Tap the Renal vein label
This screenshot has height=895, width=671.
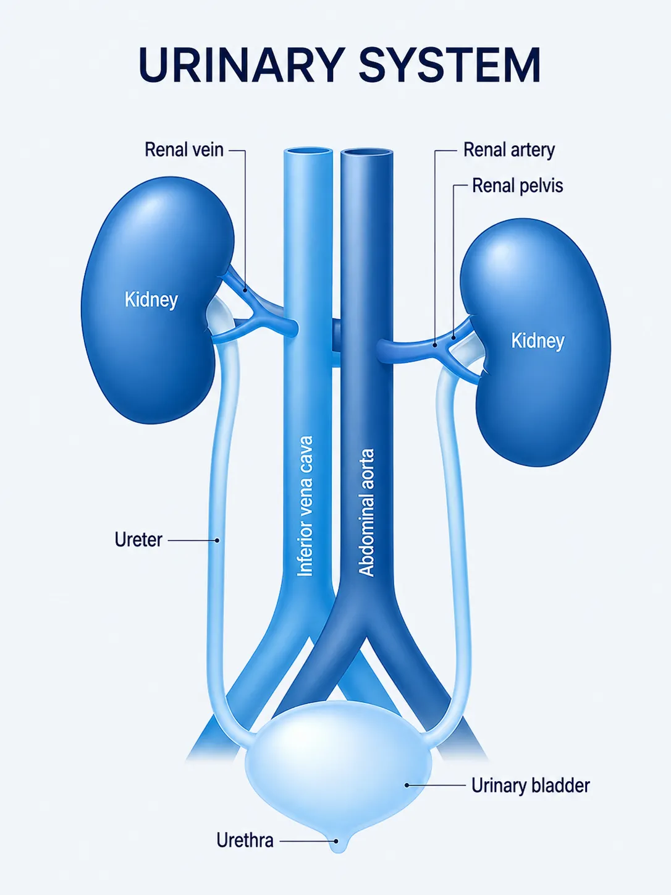click(184, 150)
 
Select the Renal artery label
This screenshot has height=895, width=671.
click(509, 150)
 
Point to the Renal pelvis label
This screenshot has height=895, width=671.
click(517, 185)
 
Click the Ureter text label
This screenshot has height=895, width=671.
click(138, 540)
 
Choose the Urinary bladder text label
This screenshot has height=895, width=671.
click(531, 786)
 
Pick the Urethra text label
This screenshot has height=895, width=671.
click(245, 841)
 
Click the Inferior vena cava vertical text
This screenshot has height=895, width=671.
click(305, 506)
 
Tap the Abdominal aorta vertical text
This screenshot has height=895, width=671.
click(366, 512)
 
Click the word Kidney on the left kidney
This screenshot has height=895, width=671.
click(151, 300)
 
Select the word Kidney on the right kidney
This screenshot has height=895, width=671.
click(538, 341)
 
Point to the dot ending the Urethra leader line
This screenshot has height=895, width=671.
click(336, 841)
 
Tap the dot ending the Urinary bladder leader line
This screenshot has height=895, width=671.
click(406, 786)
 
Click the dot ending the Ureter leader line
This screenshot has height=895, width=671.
click(217, 540)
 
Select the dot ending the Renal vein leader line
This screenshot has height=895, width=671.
click(245, 291)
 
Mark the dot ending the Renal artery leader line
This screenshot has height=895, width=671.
click(435, 345)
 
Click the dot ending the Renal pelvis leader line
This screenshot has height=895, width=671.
click(454, 337)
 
